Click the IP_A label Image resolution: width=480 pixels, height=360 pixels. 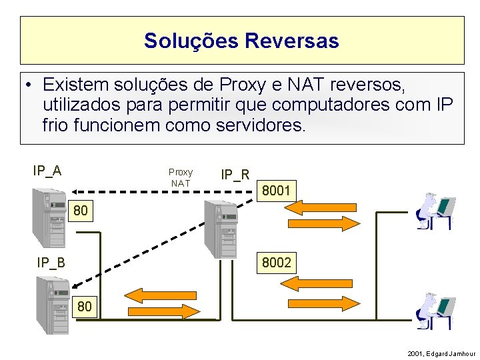47,171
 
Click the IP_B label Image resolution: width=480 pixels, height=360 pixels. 51,263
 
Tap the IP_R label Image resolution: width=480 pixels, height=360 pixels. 235,175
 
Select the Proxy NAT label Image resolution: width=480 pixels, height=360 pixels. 181,177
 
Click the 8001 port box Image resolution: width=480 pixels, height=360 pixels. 276,191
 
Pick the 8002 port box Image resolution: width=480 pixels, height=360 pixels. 276,263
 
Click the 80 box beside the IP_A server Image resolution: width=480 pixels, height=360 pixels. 81,211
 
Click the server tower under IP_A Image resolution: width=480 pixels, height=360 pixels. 49,218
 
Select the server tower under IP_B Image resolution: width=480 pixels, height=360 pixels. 53,305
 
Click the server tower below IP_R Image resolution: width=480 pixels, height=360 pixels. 221,229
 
